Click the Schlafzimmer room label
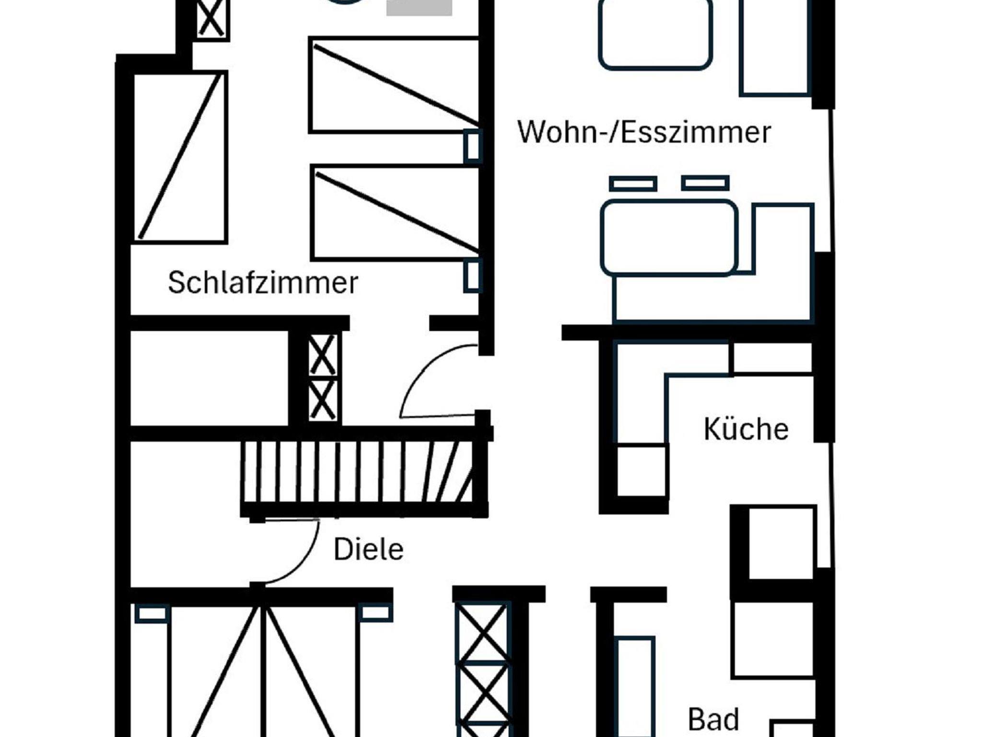pos(263,283)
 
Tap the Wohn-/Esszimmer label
pos(644,132)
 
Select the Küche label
pos(746,429)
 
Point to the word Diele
pos(368,550)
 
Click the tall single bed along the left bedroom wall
pos(179,157)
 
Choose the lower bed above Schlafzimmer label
pos(394,213)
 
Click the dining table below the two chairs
pos(669,238)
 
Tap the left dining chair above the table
pos(633,184)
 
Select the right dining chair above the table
pos(705,183)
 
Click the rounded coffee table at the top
pos(655,34)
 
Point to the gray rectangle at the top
pos(419,7)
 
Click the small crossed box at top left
pos(211,18)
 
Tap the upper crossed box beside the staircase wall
pos(322,355)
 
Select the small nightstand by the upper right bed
pos(472,147)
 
